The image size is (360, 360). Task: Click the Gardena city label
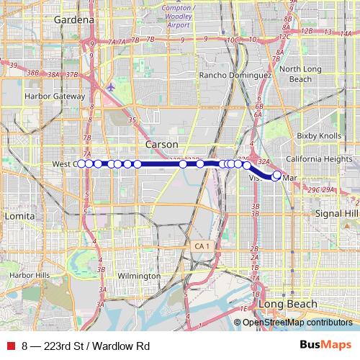[74, 20]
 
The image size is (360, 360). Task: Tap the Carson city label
[161, 145]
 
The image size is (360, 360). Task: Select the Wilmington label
[139, 276]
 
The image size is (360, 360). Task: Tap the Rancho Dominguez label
[235, 75]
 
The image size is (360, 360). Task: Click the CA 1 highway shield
[201, 246]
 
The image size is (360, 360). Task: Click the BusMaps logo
[325, 346]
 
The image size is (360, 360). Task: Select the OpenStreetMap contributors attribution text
[297, 323]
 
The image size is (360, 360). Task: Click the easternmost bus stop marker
[277, 174]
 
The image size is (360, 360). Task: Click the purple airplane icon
[109, 87]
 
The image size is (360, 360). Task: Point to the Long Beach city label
[288, 305]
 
